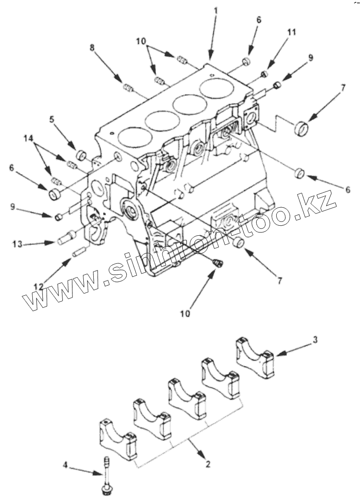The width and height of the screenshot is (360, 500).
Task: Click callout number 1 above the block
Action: click(x=216, y=10)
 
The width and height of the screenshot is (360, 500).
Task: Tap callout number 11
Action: click(x=291, y=32)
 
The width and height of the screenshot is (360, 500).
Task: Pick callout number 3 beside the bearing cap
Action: click(x=316, y=340)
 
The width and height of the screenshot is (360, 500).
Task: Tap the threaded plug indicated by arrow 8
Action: click(x=128, y=87)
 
